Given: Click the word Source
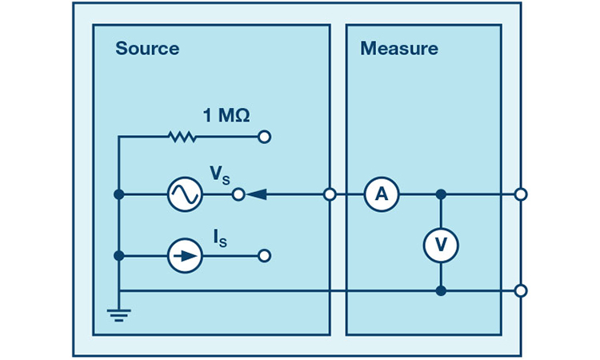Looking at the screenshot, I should tap(147, 48).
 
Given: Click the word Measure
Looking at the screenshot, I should tap(399, 48).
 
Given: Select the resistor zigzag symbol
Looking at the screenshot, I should tap(182, 137).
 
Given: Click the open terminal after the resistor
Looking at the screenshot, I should tap(265, 137).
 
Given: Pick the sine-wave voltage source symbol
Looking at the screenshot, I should tap(184, 194).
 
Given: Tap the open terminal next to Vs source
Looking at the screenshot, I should tap(237, 194).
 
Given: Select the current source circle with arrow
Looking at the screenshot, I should tap(184, 256).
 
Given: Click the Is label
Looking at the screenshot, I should tap(219, 237).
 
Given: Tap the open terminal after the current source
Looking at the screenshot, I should tap(265, 256).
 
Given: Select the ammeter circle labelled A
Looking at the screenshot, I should tap(382, 194).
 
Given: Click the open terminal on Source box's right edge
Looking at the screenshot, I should tap(330, 194).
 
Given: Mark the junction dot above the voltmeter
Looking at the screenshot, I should tap(441, 194).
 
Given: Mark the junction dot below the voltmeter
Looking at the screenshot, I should tap(441, 290).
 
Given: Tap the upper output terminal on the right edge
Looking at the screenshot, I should tap(521, 194).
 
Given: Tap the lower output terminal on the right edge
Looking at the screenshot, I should tap(521, 290).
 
